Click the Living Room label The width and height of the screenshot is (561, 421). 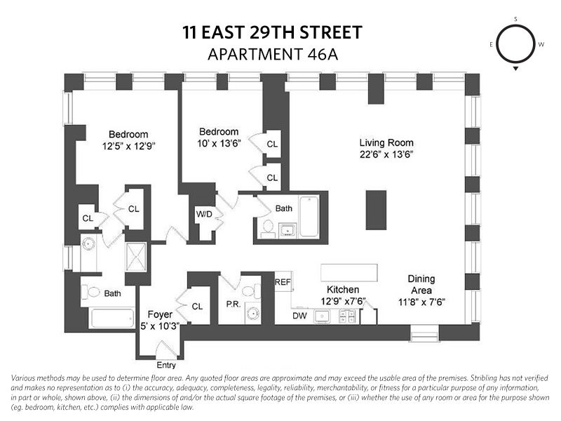(384, 141)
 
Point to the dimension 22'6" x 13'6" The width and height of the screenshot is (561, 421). (384, 154)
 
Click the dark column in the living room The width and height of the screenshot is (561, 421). (376, 209)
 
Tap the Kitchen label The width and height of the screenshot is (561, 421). (342, 290)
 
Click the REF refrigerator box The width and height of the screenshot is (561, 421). (283, 282)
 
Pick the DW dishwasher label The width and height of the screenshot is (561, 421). (300, 316)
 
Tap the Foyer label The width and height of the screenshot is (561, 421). (160, 314)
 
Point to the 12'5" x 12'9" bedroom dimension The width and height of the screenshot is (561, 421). (128, 147)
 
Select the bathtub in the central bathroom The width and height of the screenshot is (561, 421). (309, 217)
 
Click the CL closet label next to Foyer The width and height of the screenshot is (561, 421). (197, 306)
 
